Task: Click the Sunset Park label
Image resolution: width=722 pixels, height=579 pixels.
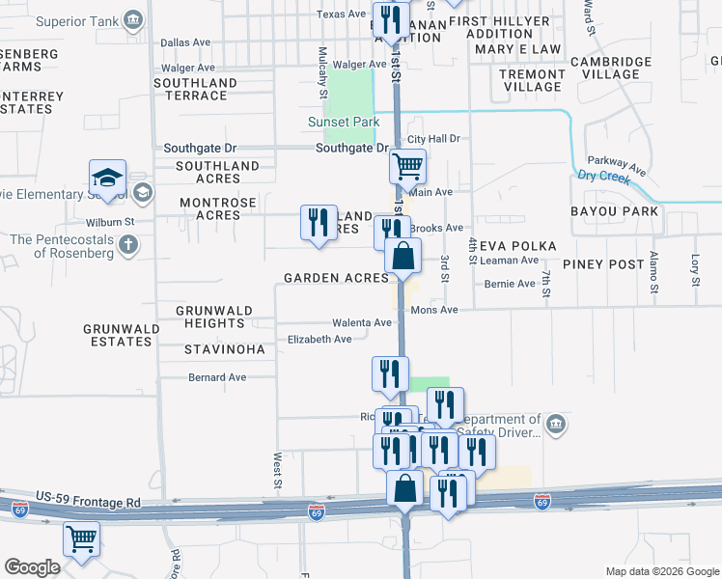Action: click(343, 123)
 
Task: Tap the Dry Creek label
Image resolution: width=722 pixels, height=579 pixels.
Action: click(603, 177)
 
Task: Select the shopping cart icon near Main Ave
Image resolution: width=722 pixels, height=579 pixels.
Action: click(407, 167)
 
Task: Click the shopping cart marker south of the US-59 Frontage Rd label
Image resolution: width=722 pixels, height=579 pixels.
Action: click(81, 538)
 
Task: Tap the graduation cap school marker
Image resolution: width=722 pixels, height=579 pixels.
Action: click(107, 178)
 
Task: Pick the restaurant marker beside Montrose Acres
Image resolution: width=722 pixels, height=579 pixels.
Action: click(319, 223)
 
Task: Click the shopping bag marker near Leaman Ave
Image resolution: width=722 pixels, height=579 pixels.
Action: click(403, 257)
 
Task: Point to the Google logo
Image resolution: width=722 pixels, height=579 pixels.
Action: click(32, 567)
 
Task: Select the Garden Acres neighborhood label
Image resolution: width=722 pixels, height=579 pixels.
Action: click(336, 278)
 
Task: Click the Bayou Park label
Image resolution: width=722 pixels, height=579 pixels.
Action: click(614, 211)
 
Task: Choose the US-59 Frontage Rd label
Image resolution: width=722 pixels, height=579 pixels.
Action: click(89, 503)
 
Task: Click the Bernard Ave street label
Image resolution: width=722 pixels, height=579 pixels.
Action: click(217, 377)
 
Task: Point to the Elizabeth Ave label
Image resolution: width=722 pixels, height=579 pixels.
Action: click(319, 340)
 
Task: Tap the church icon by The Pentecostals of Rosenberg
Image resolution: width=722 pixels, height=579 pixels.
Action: click(128, 244)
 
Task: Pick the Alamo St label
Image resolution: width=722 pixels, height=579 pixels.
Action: click(653, 272)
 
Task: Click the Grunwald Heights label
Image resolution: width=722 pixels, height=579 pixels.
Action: click(215, 317)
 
